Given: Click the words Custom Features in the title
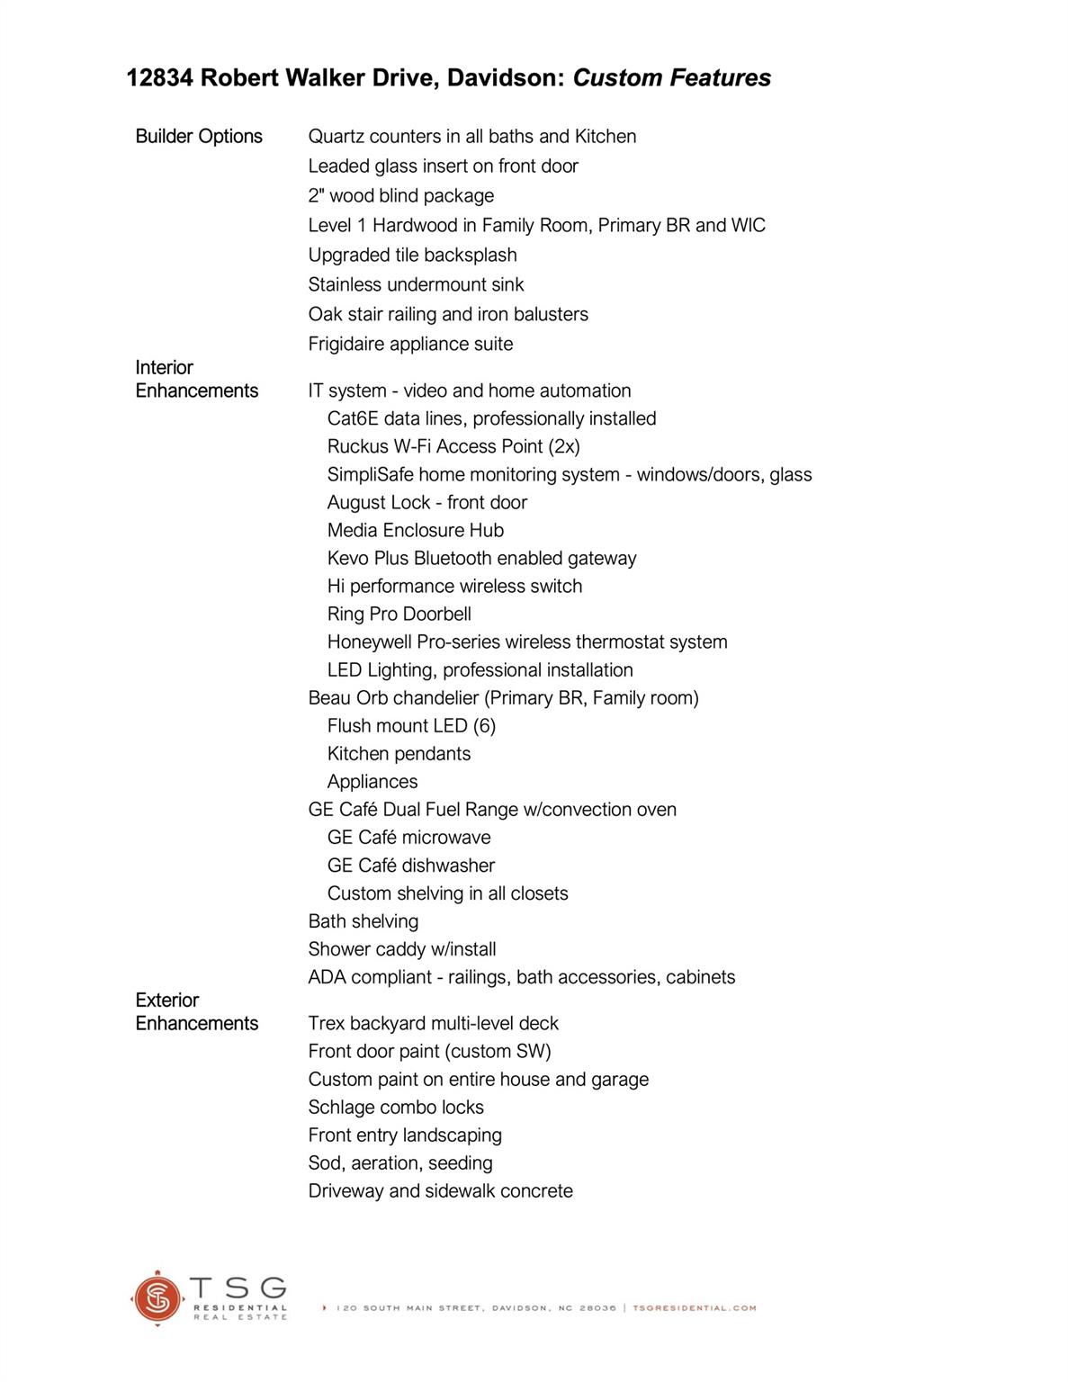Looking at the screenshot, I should [x=671, y=78].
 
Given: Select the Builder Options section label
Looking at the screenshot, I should [x=199, y=137].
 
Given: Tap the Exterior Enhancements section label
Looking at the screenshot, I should [x=196, y=1012].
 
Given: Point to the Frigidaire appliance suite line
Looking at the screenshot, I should [x=410, y=345].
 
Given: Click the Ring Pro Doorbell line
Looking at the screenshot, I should [x=399, y=615].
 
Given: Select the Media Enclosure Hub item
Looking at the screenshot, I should [x=415, y=531].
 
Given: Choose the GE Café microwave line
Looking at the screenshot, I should [x=408, y=838].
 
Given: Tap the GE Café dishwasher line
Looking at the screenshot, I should [x=410, y=866].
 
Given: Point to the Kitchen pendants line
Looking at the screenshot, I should [x=399, y=754].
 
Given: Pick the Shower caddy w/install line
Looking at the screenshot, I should [x=401, y=949].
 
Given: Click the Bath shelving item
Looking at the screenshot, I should [x=363, y=921].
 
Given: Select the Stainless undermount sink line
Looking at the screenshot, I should [x=416, y=285].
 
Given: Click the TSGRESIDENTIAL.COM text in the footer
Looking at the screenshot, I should [x=695, y=1308].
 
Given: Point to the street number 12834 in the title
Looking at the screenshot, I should [x=159, y=78].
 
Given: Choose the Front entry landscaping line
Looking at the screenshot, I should [x=405, y=1135].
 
